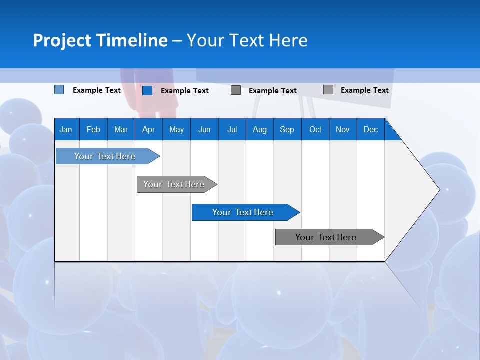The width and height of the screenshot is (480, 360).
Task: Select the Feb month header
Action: [x=93, y=129]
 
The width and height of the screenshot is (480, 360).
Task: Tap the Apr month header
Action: [x=149, y=129]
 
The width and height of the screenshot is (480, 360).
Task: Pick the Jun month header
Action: [x=204, y=129]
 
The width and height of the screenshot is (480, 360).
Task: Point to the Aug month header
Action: [x=260, y=129]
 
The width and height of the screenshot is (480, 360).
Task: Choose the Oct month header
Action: [x=315, y=129]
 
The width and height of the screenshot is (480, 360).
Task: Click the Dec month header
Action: [x=370, y=129]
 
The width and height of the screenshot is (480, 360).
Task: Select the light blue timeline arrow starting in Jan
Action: [x=108, y=156]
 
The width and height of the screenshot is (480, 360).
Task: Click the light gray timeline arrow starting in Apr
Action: [x=177, y=184]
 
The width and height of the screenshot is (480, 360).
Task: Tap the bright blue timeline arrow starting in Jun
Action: [x=246, y=212]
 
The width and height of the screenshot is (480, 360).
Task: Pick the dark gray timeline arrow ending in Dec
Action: [x=330, y=237]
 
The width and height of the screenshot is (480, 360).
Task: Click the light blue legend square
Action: [x=59, y=89]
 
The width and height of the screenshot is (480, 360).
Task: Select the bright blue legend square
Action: [x=147, y=90]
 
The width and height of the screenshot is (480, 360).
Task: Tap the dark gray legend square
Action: [x=236, y=90]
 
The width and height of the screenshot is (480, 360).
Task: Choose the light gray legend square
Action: [x=328, y=89]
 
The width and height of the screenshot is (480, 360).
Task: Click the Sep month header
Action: [x=287, y=129]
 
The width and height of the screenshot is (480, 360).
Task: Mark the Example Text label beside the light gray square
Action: [x=365, y=90]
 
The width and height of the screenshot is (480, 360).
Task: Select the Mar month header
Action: [x=121, y=129]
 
